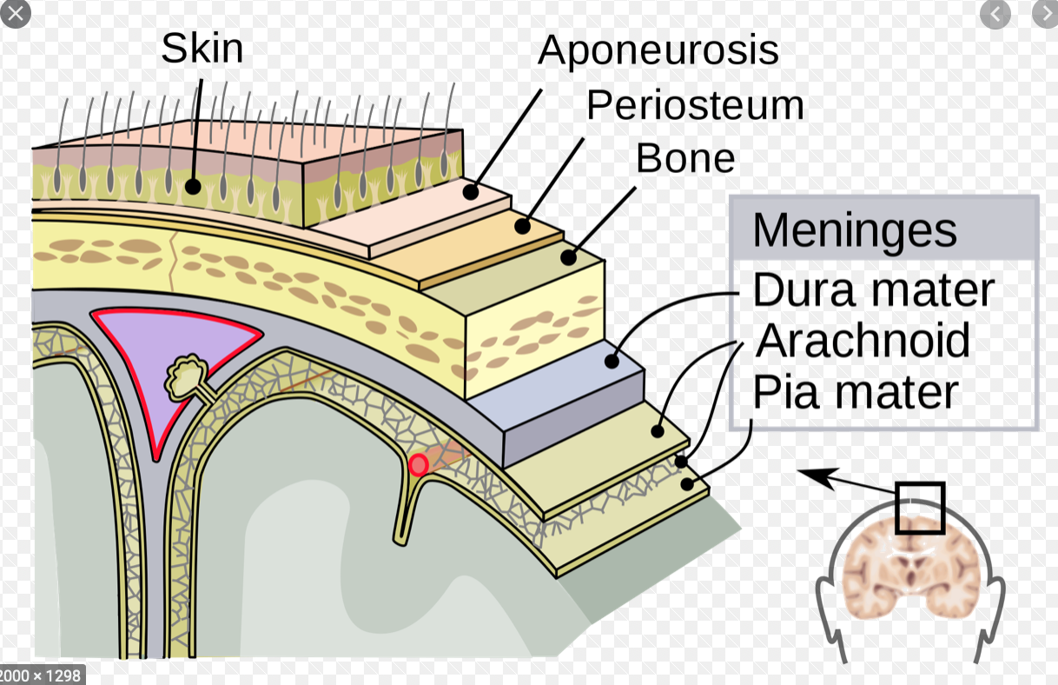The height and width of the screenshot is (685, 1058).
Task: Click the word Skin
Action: [202, 48]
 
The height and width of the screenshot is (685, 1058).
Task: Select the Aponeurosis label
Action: [658, 50]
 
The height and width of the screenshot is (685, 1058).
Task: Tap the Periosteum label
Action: [695, 105]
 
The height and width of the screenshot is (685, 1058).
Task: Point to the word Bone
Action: [685, 158]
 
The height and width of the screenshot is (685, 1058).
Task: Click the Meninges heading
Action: [855, 230]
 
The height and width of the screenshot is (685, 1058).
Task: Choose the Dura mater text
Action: [873, 290]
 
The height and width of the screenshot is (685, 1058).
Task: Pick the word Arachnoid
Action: [863, 341]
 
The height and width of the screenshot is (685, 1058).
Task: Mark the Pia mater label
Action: [856, 392]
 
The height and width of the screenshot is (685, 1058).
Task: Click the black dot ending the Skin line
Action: [193, 186]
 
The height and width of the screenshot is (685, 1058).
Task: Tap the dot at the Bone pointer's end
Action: [569, 257]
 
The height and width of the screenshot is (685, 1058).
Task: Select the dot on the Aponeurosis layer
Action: [471, 192]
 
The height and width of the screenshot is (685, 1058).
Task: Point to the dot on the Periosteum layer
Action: [522, 226]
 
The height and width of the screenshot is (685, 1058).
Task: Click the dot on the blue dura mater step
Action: [612, 361]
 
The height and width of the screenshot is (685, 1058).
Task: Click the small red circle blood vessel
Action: [419, 465]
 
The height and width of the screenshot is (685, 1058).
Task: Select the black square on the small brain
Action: [919, 508]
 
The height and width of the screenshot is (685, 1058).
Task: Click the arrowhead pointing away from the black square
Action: [810, 474]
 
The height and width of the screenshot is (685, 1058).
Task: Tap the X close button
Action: [14, 13]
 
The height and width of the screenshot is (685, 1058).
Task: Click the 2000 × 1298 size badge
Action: [42, 675]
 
